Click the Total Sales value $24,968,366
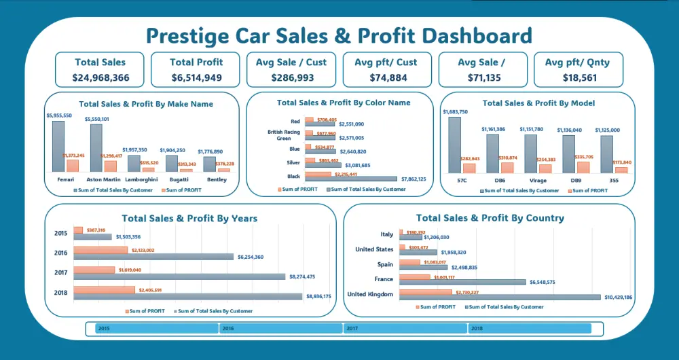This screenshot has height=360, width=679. [x=100, y=77]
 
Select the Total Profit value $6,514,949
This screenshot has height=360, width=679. [x=196, y=77]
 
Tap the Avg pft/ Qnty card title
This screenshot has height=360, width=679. [x=577, y=62]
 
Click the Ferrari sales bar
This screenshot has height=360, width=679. [x=58, y=146]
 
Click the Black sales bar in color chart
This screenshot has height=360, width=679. [x=351, y=179]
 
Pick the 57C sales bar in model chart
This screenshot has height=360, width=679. [x=454, y=145]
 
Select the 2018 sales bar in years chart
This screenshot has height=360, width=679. [x=188, y=296]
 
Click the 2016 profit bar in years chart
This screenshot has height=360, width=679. [x=100, y=250]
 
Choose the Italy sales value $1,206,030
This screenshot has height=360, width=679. [x=436, y=237]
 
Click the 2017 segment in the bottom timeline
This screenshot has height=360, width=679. [x=405, y=329]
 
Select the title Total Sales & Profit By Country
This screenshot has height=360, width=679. [x=490, y=218]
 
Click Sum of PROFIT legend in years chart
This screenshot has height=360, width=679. [x=145, y=311]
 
